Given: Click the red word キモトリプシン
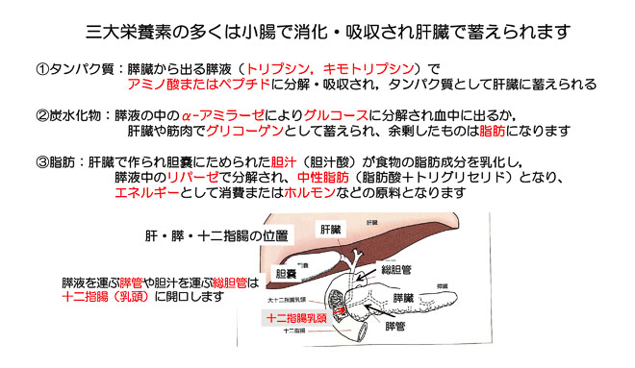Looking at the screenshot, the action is tap(368, 69).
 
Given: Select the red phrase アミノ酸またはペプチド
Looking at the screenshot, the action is tap(191, 85).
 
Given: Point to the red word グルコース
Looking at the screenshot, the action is tap(333, 115).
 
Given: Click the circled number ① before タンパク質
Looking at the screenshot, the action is tap(42, 69).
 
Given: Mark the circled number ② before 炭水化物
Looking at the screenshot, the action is tap(42, 115).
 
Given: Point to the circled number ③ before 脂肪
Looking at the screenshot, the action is tap(42, 162).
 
